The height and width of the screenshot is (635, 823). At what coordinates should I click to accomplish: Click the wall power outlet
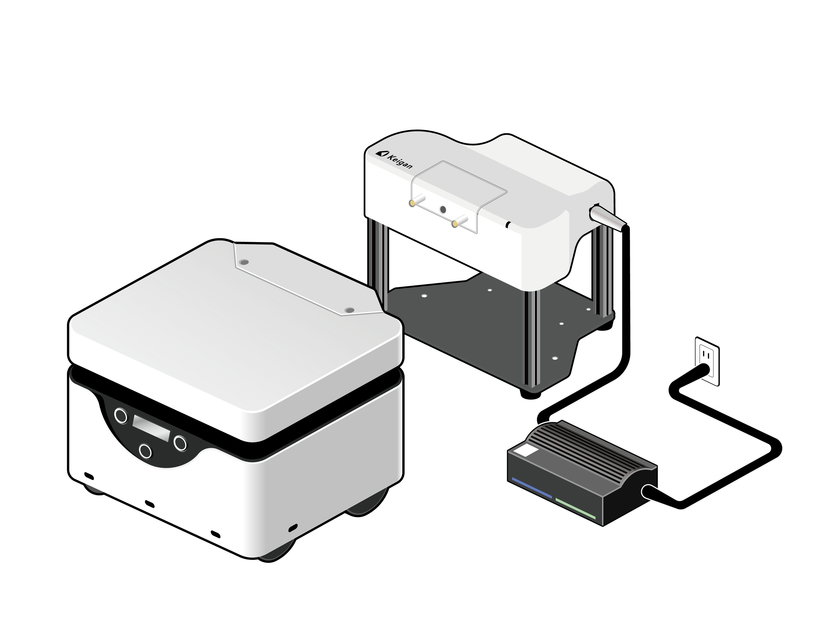(x=707, y=361)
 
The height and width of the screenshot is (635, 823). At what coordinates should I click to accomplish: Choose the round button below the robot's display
(x=145, y=451)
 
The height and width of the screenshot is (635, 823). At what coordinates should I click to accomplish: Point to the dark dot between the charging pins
(x=443, y=209)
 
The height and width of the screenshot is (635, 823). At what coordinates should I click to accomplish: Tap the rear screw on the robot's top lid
(x=244, y=262)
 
